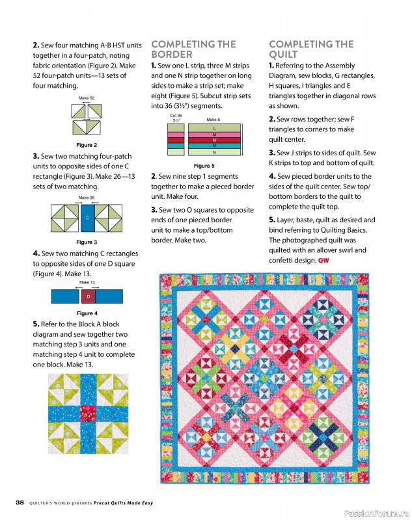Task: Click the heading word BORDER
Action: pyautogui.click(x=172, y=55)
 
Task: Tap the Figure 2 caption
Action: pyautogui.click(x=87, y=145)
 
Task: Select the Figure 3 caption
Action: pyautogui.click(x=87, y=242)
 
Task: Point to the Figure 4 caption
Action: pyautogui.click(x=87, y=313)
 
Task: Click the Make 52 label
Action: pyautogui.click(x=87, y=97)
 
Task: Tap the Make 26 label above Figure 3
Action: pyautogui.click(x=87, y=197)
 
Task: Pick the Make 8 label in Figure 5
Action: pyautogui.click(x=213, y=120)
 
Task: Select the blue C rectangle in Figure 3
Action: pyautogui.click(x=87, y=219)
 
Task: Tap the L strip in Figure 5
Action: pyautogui.click(x=214, y=129)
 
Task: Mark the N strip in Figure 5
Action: pyautogui.click(x=214, y=152)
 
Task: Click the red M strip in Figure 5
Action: pyautogui.click(x=214, y=140)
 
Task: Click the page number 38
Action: pyautogui.click(x=20, y=502)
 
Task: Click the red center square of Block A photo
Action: pyautogui.click(x=87, y=414)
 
